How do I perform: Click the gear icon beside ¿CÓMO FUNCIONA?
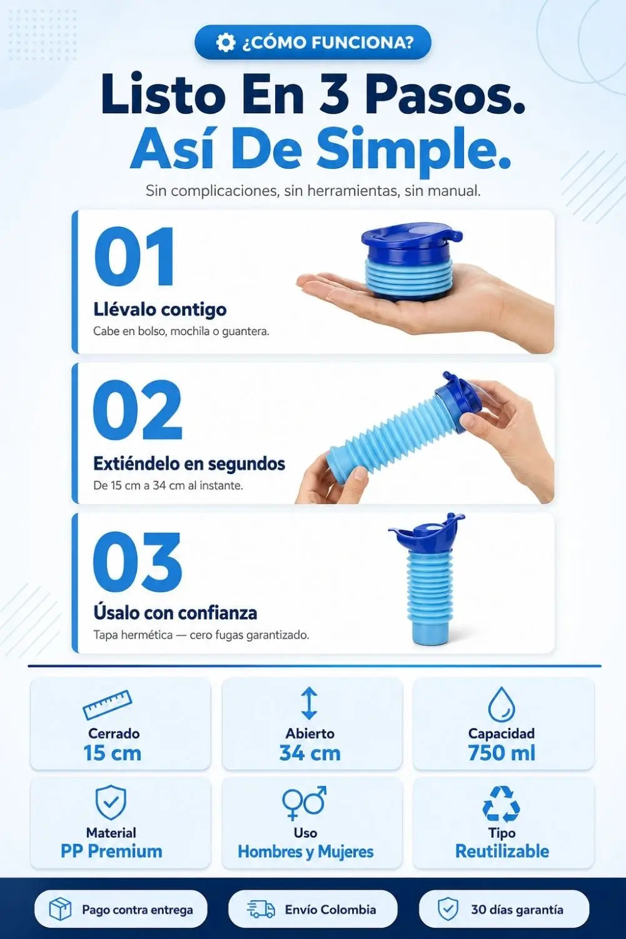[226, 43]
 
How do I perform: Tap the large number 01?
[134, 257]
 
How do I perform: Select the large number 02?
[138, 409]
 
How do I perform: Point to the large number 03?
[138, 562]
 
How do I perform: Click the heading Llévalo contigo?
[159, 310]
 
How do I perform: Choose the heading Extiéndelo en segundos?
[189, 464]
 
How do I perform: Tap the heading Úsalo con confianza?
[175, 613]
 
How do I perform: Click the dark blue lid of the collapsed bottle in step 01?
[411, 241]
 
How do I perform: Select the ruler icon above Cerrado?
[108, 705]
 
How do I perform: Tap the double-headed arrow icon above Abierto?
[310, 703]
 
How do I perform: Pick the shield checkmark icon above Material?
[111, 802]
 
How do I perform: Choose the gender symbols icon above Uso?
[305, 803]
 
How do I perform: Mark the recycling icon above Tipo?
[502, 803]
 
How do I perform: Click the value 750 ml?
[502, 753]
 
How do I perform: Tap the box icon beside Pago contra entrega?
[60, 909]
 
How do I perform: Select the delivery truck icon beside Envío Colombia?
[261, 910]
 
